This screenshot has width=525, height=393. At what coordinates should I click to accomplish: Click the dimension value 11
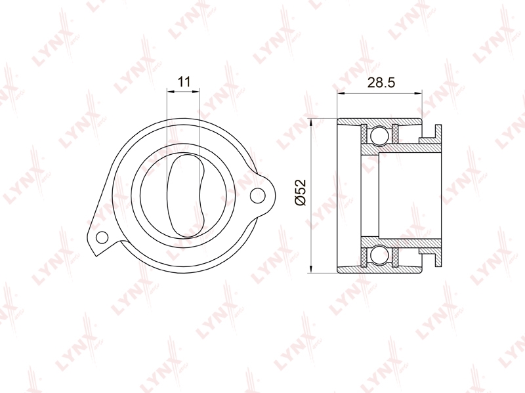(x=184, y=81)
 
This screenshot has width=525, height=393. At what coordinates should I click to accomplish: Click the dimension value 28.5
(x=381, y=83)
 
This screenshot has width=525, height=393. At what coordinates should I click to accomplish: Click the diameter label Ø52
(x=301, y=192)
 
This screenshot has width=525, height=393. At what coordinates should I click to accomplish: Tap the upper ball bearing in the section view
(x=380, y=135)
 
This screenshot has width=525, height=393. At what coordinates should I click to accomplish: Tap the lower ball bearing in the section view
(x=380, y=255)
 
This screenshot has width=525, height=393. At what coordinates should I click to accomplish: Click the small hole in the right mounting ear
(x=257, y=196)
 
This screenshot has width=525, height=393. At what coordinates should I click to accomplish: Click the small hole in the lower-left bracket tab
(x=102, y=238)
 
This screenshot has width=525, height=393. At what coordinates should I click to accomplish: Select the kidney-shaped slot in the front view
(x=185, y=196)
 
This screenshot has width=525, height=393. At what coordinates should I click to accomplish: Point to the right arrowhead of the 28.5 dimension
(x=418, y=93)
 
